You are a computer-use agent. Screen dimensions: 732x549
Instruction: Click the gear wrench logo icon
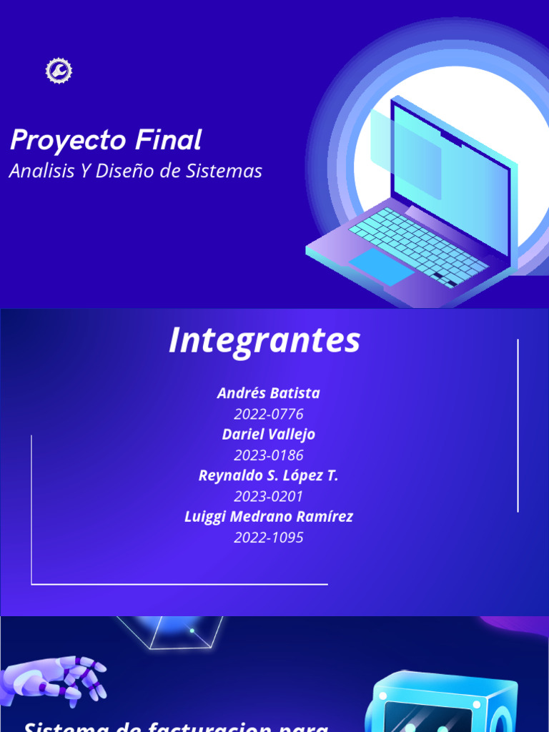[x=59, y=70]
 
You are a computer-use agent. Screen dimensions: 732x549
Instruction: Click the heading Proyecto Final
[x=106, y=140]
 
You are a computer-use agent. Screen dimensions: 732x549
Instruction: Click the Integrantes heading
[x=264, y=341]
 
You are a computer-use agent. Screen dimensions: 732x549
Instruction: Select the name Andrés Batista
[x=269, y=393]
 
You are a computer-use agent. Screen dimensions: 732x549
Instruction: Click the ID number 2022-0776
[x=269, y=414]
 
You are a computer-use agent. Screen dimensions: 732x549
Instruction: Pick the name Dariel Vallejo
[x=269, y=435]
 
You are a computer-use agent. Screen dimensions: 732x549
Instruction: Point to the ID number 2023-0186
[x=269, y=455]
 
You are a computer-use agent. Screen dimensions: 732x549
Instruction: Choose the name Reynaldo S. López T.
[x=269, y=476]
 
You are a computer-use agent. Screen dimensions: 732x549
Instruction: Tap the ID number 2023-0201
[x=269, y=496]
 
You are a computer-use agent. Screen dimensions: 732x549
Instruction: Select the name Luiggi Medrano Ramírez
[x=269, y=517]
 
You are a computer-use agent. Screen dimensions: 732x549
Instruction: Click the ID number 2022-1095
[x=269, y=538]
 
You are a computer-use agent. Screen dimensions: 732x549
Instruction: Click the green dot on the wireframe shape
[x=192, y=630]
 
